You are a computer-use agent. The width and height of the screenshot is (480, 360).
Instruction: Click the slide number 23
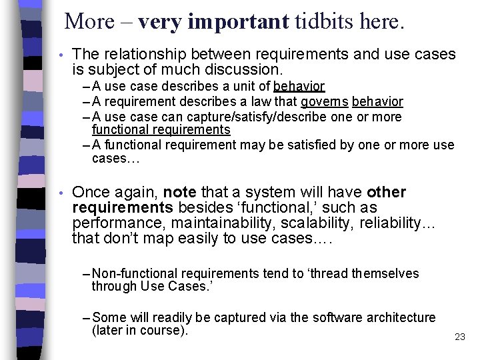460,337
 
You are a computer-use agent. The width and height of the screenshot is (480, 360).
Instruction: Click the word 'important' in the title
238,22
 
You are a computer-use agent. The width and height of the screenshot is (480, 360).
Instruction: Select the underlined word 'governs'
324,102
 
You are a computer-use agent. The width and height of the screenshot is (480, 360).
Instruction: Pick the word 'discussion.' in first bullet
246,69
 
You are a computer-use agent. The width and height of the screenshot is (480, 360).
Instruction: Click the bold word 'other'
386,193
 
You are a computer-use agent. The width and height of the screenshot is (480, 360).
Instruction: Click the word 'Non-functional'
135,273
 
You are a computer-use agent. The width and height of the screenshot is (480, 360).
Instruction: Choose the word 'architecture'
401,317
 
